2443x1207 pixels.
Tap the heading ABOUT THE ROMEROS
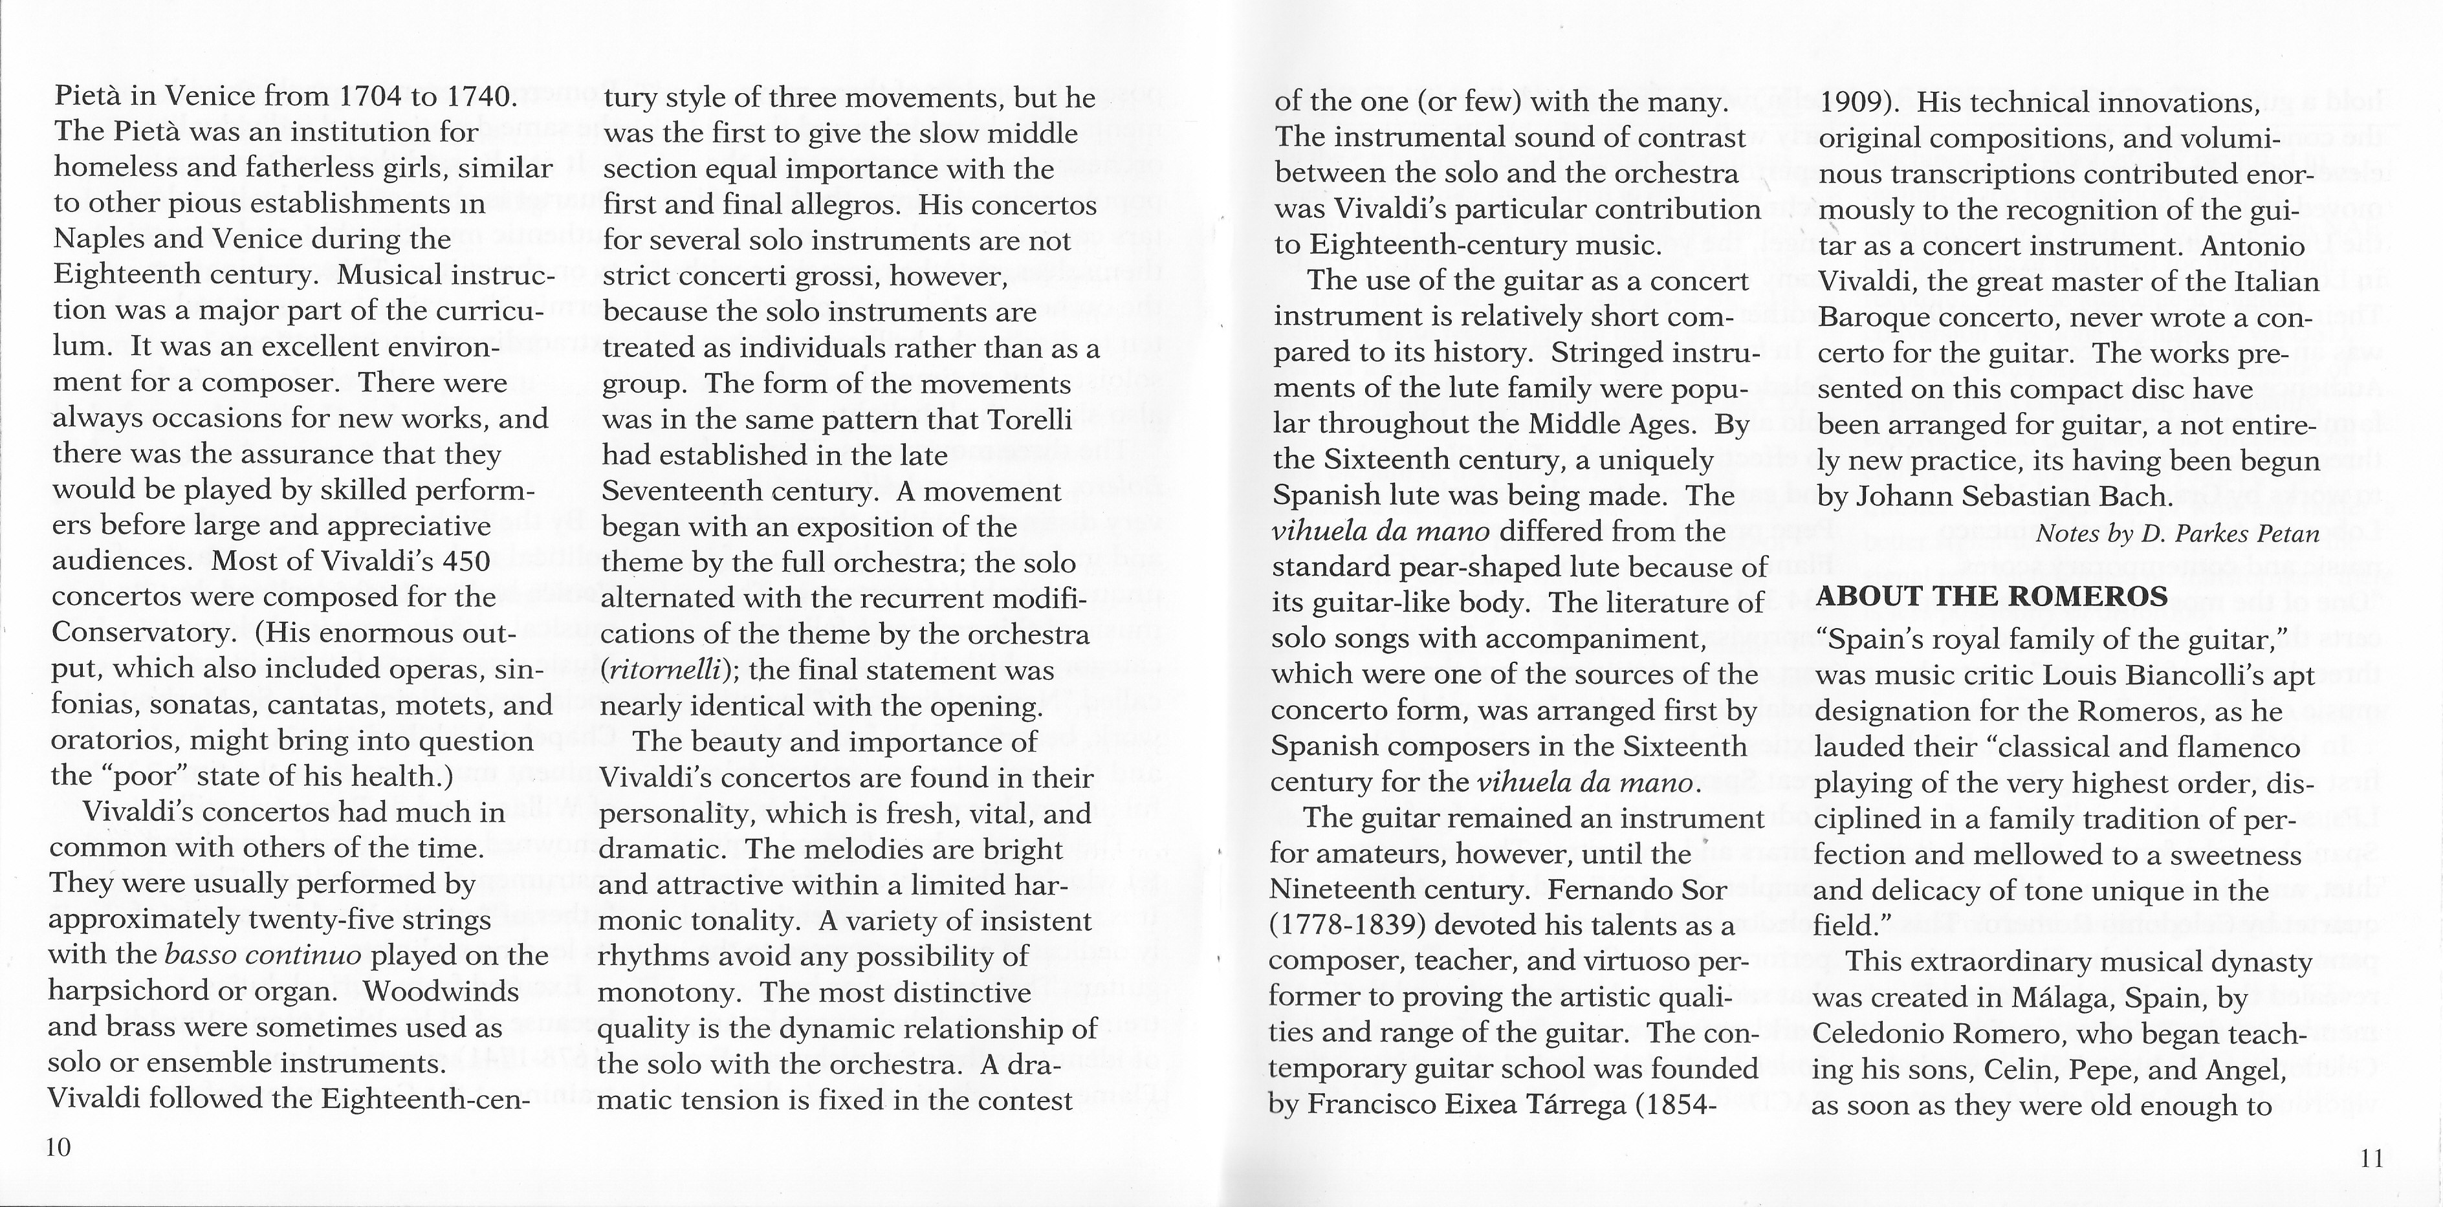pyautogui.click(x=1991, y=596)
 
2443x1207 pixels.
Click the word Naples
pyautogui.click(x=98, y=239)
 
